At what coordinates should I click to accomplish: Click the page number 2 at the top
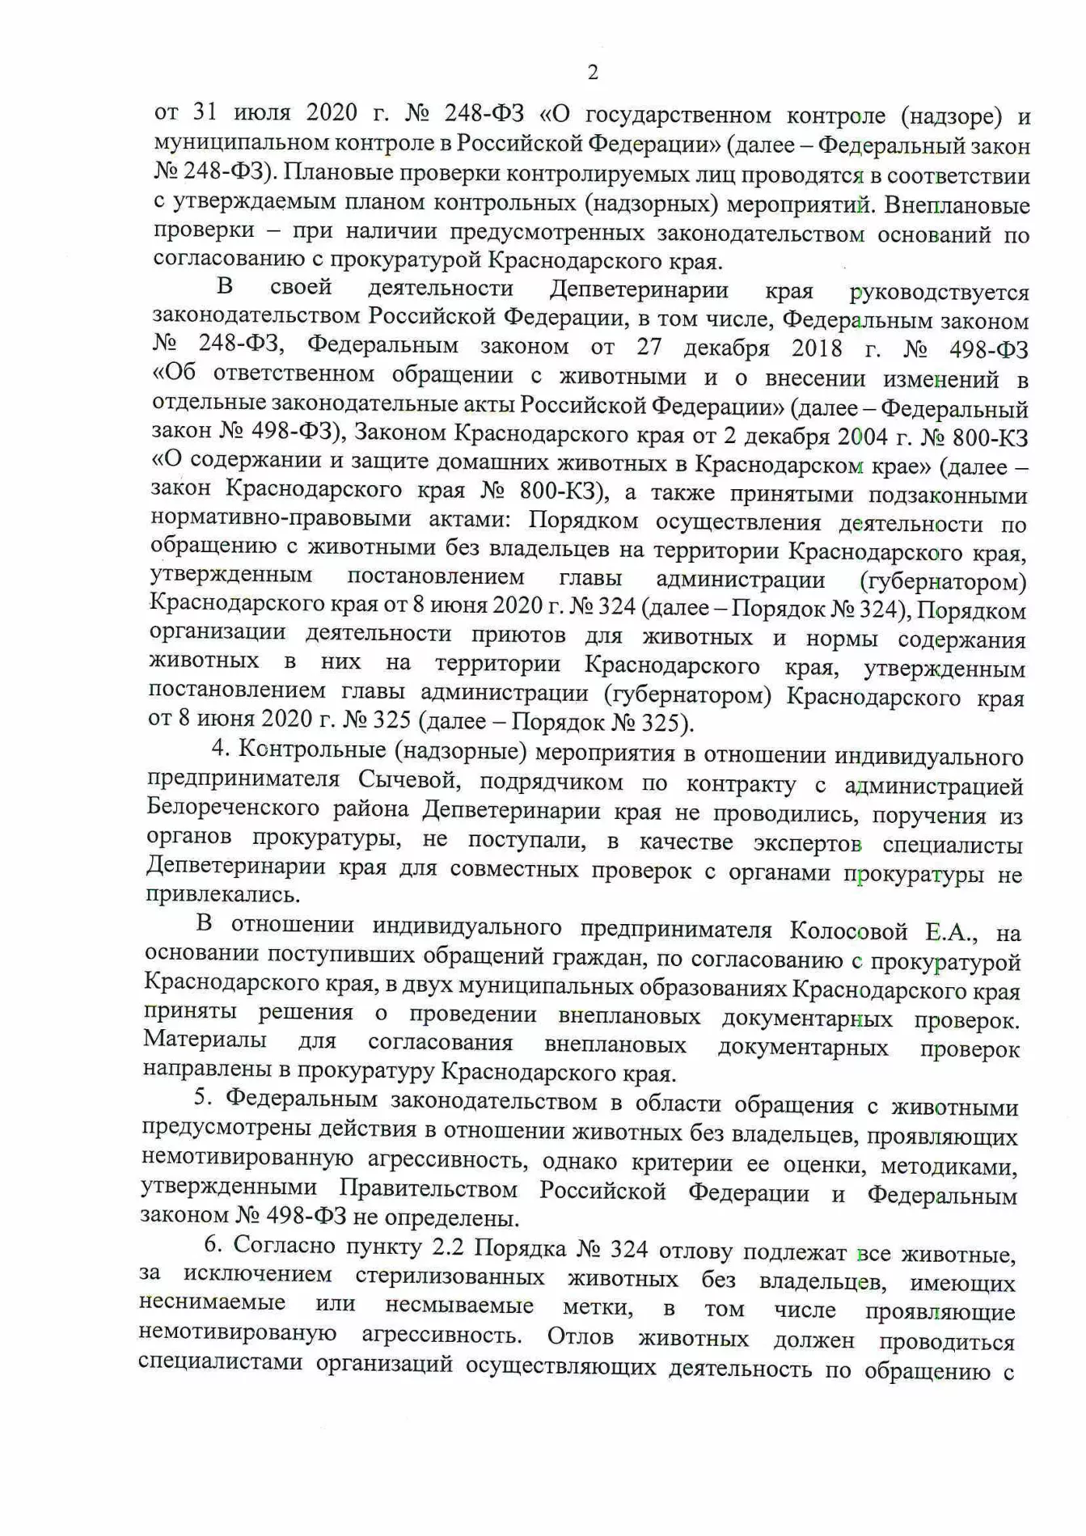pyautogui.click(x=593, y=73)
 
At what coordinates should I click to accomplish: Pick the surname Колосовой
pyautogui.click(x=848, y=931)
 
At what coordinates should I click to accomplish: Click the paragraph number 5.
pyautogui.click(x=201, y=1099)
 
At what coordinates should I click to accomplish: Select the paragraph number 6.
pyautogui.click(x=212, y=1246)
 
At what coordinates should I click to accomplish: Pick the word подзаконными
pyautogui.click(x=947, y=495)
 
